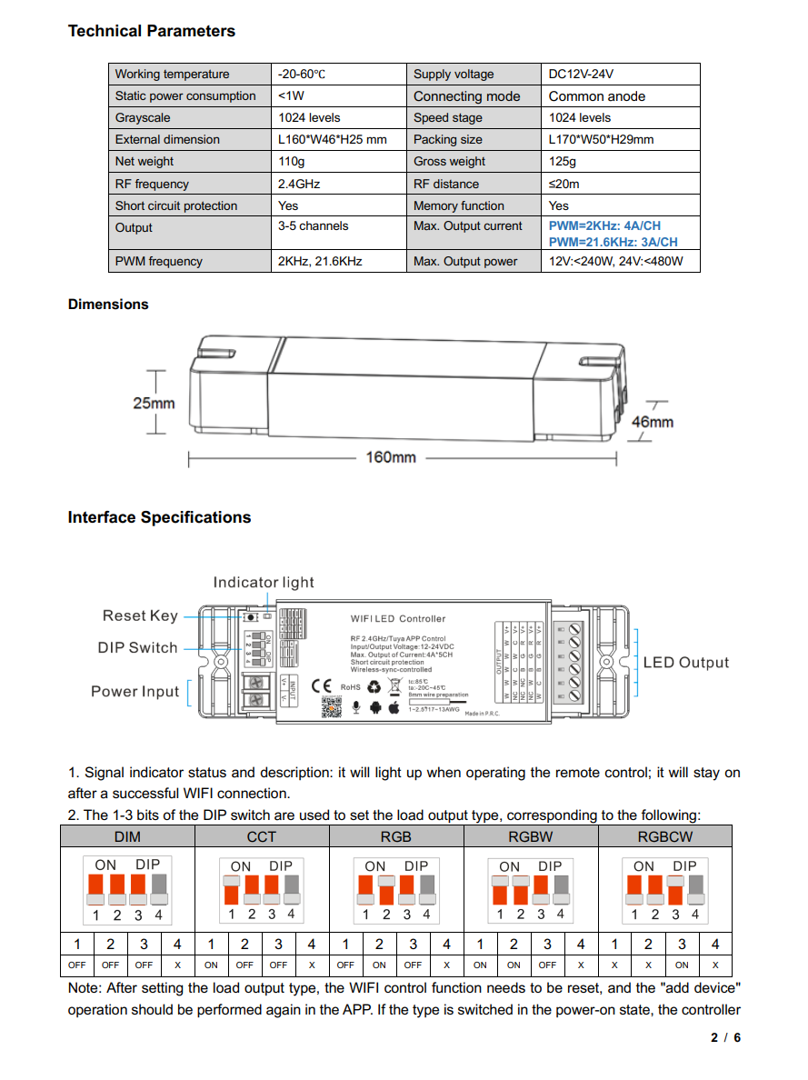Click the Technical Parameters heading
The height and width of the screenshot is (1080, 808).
[151, 31]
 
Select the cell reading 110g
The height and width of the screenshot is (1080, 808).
[291, 162]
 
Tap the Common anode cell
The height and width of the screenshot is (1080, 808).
[596, 96]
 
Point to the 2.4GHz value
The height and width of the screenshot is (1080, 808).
[299, 184]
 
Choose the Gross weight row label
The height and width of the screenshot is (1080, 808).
[449, 162]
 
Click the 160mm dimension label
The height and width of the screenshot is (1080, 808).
[391, 457]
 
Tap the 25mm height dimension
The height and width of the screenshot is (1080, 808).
[154, 403]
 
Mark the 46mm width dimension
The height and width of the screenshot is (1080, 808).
[653, 422]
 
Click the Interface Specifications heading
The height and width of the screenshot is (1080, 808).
[159, 517]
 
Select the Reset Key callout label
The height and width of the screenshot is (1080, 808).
[140, 615]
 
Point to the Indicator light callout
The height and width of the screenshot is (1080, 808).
[264, 582]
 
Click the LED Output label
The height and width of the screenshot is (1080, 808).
[685, 662]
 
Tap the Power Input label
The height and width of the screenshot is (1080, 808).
[135, 691]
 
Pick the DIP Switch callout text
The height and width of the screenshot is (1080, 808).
[137, 647]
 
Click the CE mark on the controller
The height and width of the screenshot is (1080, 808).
[322, 686]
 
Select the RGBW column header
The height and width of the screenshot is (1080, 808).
[531, 836]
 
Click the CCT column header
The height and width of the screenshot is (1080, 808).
[262, 836]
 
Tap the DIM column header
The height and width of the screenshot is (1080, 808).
[127, 836]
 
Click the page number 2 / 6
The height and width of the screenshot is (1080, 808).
[725, 1037]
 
